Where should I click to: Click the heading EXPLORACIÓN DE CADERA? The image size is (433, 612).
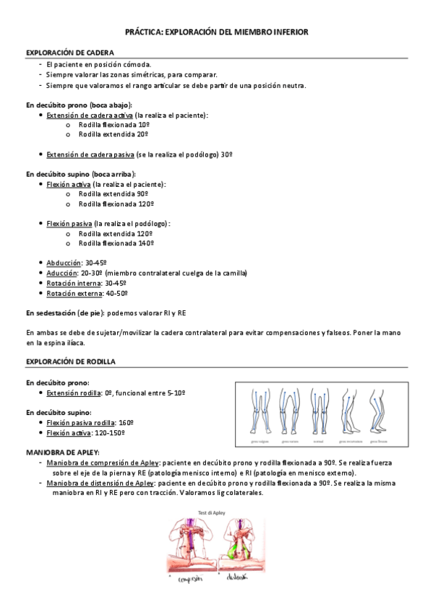[69, 53]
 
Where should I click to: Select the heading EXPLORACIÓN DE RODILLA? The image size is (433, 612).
[71, 360]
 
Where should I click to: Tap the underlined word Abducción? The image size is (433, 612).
[62, 263]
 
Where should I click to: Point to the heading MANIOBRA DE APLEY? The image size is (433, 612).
[63, 452]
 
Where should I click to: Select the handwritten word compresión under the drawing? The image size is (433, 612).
[192, 580]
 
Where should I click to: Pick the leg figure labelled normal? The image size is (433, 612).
[318, 412]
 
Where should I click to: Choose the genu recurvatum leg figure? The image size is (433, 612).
[349, 412]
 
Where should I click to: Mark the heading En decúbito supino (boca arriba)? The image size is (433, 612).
[80, 174]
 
